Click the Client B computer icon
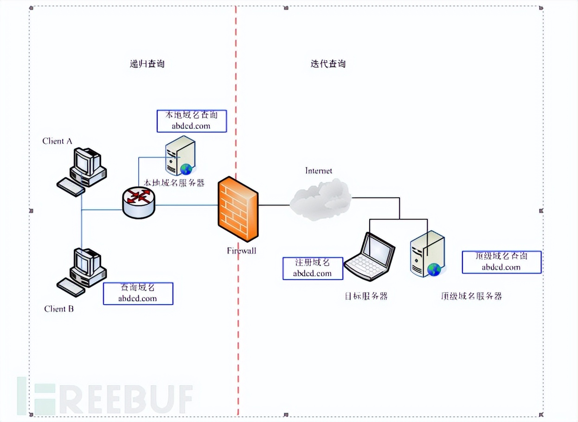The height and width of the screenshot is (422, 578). (83, 271)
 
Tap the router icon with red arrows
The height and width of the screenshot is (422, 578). (139, 203)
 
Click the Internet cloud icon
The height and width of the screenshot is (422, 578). (321, 199)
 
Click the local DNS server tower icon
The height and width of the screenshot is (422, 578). (180, 155)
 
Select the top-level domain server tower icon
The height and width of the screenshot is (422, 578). (427, 254)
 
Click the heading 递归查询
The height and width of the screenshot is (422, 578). (147, 64)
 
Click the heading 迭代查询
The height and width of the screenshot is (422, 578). (328, 64)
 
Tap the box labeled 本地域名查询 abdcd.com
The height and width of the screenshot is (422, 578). (192, 121)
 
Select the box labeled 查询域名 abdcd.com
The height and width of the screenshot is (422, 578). (138, 293)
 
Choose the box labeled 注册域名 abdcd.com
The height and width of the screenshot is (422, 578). (313, 268)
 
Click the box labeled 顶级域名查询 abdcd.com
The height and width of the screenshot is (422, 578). (501, 262)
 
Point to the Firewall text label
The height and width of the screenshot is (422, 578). (241, 251)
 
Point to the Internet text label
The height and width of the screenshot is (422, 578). (319, 171)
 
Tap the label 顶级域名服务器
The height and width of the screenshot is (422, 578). (471, 296)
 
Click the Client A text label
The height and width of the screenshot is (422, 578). (57, 141)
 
